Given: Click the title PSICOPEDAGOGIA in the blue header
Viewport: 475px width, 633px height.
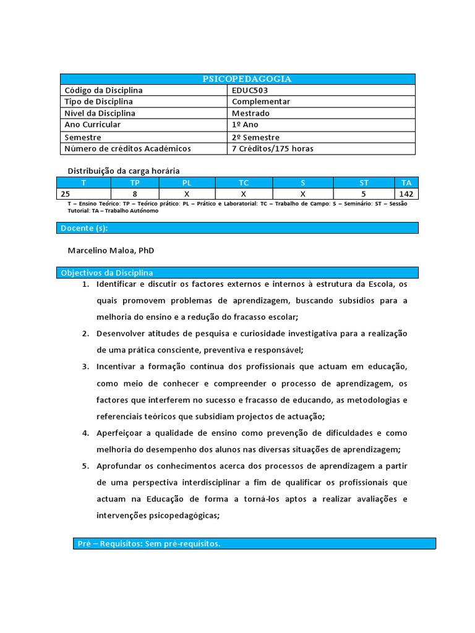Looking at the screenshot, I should click(238, 79).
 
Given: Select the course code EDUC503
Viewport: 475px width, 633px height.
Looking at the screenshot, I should click(250, 90).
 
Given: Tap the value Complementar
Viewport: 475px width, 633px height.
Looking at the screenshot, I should click(261, 102).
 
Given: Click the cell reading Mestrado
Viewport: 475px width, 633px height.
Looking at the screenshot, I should click(251, 114).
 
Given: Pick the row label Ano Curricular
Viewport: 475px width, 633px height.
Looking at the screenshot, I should click(93, 125).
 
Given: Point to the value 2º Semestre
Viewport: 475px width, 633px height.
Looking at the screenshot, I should click(256, 137).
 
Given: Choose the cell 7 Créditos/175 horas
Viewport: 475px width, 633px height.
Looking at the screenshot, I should click(273, 149).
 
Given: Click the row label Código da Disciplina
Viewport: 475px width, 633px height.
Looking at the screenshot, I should click(103, 90).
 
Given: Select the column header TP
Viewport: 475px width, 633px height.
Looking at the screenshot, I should click(135, 183).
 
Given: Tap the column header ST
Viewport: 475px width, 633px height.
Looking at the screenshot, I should click(364, 183).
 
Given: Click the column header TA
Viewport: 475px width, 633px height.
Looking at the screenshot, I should click(406, 183).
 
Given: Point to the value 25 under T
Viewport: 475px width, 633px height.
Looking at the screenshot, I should click(66, 194).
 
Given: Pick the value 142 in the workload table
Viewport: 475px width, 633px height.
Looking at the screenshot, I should click(406, 194).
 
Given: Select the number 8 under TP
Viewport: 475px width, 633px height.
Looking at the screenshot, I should click(135, 194).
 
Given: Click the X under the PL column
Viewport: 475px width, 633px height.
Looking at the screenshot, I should click(187, 194).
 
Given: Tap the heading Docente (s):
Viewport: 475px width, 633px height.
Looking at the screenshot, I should click(84, 229).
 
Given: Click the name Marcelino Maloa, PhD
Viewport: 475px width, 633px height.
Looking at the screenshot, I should click(111, 251).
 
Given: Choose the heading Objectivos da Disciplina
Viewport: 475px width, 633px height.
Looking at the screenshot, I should click(107, 273).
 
